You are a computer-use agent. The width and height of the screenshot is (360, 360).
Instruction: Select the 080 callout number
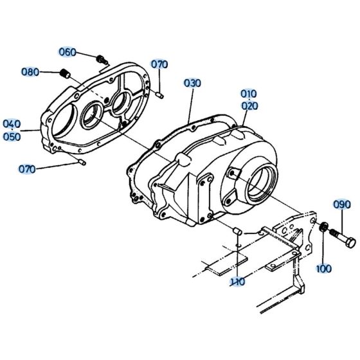pyautogui.click(x=30, y=71)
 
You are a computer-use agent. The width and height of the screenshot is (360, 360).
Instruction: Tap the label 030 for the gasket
pyautogui.click(x=192, y=84)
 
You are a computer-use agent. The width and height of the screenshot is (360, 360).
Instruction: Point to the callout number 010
pyautogui.click(x=249, y=94)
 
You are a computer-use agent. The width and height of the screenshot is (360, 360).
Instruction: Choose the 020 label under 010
pyautogui.click(x=249, y=105)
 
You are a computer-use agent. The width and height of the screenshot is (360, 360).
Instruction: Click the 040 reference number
pyautogui.click(x=12, y=123)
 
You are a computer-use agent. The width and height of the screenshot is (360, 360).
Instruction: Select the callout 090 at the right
pyautogui.click(x=341, y=205)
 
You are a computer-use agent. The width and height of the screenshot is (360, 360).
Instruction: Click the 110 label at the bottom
pyautogui.click(x=238, y=282)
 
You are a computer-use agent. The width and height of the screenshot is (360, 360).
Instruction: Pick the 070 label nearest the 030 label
pyautogui.click(x=159, y=64)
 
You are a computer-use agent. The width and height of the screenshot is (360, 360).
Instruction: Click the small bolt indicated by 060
pyautogui.click(x=101, y=59)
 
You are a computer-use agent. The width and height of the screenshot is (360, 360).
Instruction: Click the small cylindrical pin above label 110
pyautogui.click(x=236, y=230)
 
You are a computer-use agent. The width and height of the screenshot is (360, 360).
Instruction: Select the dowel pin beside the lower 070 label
pyautogui.click(x=82, y=162)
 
